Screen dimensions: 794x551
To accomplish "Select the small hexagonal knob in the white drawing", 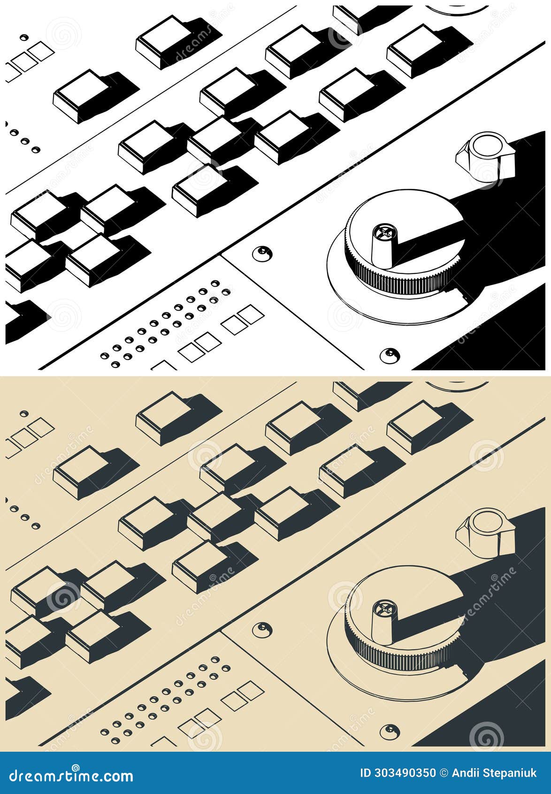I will click(485, 156).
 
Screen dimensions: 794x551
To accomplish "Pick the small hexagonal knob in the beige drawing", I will click(485, 532).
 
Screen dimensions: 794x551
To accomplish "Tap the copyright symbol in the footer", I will click(444, 773).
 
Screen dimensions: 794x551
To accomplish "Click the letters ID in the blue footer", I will click(365, 773).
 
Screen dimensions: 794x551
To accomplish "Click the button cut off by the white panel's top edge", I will click(347, 16).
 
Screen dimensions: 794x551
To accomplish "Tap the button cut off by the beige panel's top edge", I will click(347, 393).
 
